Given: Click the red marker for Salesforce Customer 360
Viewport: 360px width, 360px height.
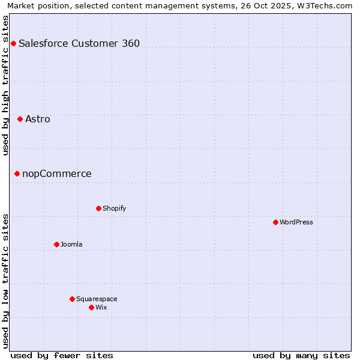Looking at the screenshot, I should point(13,43).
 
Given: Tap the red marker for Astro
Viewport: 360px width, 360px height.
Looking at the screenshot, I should point(20,119).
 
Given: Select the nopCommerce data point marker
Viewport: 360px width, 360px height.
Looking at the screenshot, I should point(17,173).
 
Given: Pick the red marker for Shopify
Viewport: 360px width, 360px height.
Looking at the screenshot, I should point(98,208).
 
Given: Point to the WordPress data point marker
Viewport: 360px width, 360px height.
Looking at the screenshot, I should point(275,222).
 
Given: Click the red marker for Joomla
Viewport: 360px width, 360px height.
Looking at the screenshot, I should point(56,244).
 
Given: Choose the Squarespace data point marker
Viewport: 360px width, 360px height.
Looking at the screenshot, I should point(72,299).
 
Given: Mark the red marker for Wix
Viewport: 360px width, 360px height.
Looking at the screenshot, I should point(91,307).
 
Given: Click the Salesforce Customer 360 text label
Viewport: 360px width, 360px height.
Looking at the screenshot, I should point(79,43).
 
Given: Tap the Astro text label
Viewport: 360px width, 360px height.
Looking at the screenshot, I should point(38,119).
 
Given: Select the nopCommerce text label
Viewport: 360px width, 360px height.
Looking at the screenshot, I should point(57,173).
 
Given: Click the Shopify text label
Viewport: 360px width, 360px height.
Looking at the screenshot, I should point(114,208).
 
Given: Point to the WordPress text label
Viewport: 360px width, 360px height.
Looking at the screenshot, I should point(296,222).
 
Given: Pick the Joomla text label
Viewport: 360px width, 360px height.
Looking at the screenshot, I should point(71,244).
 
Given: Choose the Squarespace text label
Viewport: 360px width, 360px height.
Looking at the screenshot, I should point(97,299).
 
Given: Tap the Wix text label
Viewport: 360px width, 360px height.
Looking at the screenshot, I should point(101,307).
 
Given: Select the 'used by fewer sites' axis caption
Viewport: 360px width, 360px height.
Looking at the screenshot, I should point(62,355).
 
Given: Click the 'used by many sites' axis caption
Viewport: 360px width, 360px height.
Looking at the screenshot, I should point(301,355).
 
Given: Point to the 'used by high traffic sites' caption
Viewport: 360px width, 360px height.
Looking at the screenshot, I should point(6,85).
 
